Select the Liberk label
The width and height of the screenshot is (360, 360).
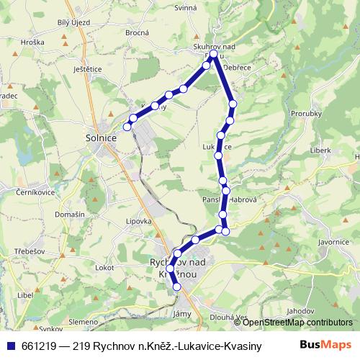point(320,150)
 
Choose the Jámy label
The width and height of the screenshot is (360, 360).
point(182,314)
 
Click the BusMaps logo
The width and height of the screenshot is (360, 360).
point(327,345)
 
